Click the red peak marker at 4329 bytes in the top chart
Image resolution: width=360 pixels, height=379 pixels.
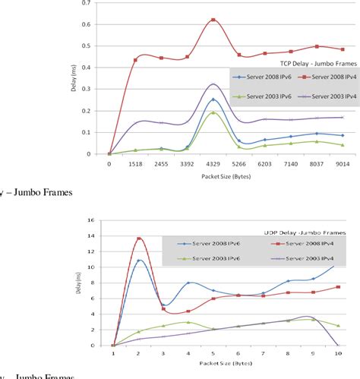(x=213, y=20)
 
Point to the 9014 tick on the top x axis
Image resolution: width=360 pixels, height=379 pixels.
(x=343, y=163)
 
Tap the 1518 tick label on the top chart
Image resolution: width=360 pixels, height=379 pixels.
(x=135, y=163)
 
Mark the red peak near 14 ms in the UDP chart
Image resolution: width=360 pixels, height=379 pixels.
(x=138, y=238)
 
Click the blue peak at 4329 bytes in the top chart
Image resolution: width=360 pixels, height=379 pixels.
(x=213, y=99)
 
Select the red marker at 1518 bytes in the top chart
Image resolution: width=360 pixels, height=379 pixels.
(x=136, y=59)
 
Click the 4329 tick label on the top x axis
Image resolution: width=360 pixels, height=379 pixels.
(x=213, y=163)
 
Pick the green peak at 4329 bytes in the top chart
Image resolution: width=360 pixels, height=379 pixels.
(x=213, y=112)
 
